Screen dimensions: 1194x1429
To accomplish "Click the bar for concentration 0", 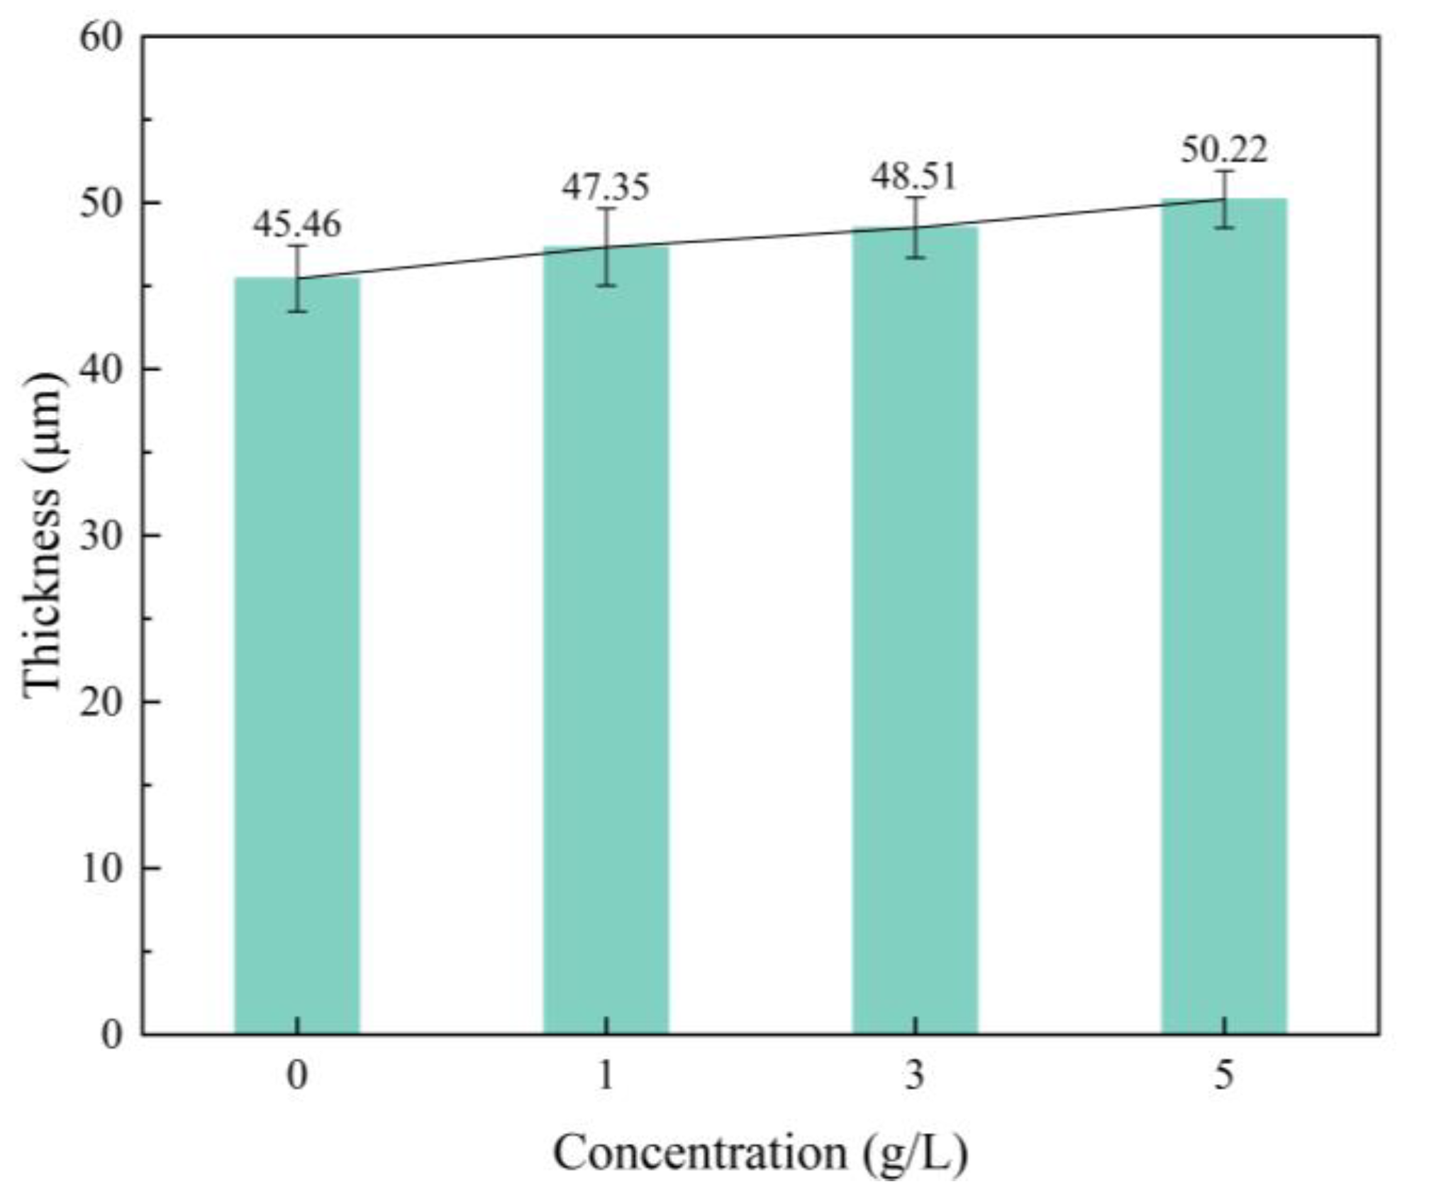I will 297,656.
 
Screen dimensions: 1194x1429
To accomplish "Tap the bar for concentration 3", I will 915,630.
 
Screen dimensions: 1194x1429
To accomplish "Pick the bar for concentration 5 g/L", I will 1224,616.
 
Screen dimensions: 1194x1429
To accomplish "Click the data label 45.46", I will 297,224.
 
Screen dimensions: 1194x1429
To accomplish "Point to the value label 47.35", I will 606,187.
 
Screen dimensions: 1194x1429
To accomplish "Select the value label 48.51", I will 914,177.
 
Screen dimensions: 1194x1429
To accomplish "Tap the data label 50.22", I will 1224,150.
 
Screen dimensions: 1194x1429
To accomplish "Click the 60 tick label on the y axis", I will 101,38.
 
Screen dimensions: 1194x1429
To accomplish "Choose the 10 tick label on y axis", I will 101,869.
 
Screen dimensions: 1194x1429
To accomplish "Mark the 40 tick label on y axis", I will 101,370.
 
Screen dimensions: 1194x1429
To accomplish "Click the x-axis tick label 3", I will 915,1075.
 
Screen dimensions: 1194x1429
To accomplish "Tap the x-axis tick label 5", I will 1224,1075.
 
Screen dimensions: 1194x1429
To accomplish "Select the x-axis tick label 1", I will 606,1075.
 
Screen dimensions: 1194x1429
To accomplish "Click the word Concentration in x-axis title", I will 699,1152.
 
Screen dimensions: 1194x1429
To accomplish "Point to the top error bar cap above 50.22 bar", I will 1224,171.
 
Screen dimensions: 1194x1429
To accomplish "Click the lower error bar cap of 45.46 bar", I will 297,311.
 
